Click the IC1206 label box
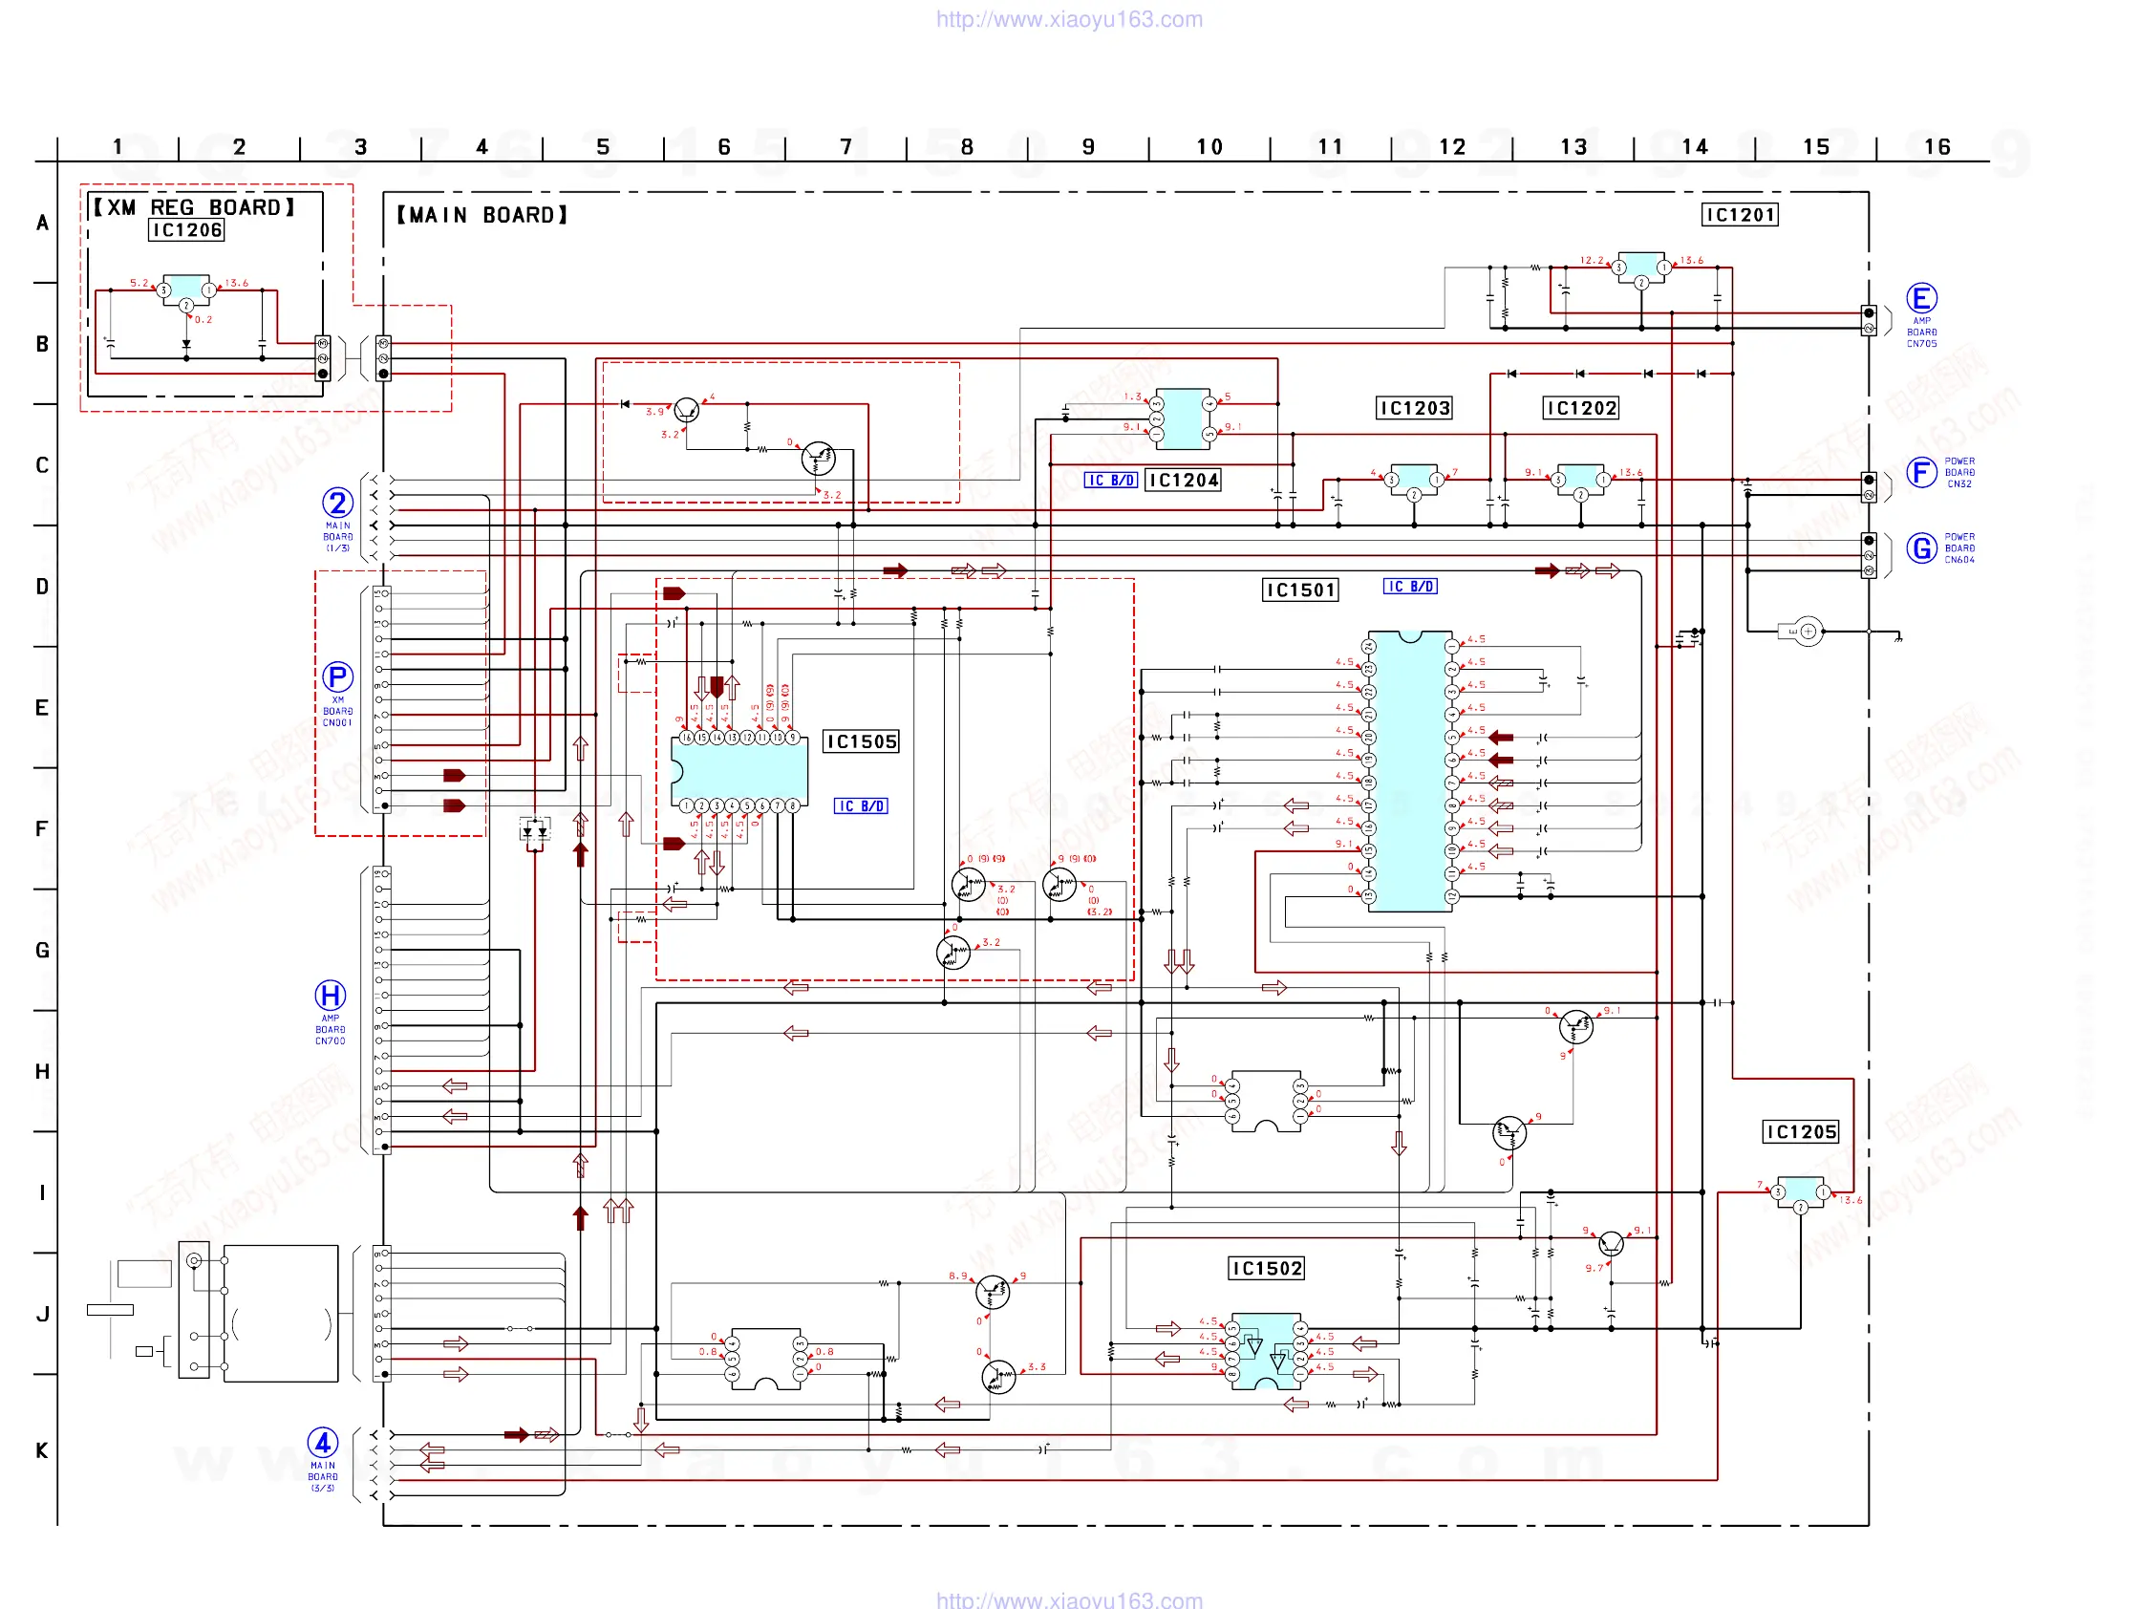pos(186,230)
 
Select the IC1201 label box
pos(1739,215)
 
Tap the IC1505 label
pos(861,742)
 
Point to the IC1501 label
pos(1300,590)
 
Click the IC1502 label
pos(1266,1269)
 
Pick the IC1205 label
pos(1801,1132)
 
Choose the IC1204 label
pos(1183,480)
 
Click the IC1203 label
pos(1415,408)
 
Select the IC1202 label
pos(1581,408)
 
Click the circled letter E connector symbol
pos(1921,298)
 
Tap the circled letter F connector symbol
pos(1921,472)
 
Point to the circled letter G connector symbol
pos(1921,548)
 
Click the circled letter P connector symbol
pos(337,676)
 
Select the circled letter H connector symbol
pos(331,995)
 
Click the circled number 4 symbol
pos(323,1443)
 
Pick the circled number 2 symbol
pos(337,504)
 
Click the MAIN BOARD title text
pos(481,215)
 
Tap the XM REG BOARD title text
pos(194,207)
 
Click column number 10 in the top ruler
pos(1209,147)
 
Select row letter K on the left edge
pos(42,1450)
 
